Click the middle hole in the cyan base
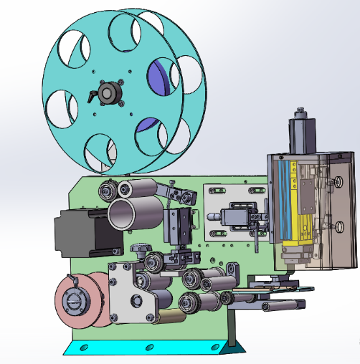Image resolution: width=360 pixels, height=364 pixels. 149,348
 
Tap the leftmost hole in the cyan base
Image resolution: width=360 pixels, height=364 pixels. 85,348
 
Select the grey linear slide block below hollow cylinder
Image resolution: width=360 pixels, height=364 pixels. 178,227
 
